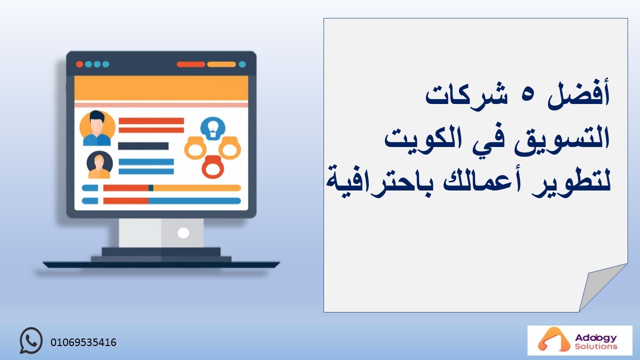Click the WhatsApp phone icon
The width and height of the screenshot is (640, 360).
31,340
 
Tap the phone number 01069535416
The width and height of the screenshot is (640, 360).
83,342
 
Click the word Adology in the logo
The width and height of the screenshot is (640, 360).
596,338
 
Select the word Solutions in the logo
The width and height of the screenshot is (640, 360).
596,346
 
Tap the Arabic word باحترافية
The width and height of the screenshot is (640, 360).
379,181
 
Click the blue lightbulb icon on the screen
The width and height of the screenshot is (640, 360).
213,128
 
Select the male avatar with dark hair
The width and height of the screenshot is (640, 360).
97,128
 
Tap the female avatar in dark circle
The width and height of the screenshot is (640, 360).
99,164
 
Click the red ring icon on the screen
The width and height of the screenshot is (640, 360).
213,167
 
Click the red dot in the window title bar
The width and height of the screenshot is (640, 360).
79,64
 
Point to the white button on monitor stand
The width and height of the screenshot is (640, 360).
183,233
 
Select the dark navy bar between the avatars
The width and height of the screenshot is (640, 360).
143,146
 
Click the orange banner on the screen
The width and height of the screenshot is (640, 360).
161,88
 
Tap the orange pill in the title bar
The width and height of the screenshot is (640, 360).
221,64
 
